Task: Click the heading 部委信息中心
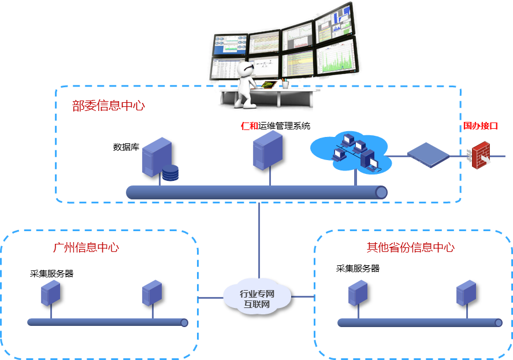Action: [x=108, y=105]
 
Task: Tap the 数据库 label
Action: [x=126, y=147]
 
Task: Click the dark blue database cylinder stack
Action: [x=170, y=173]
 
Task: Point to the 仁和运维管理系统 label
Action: [x=276, y=125]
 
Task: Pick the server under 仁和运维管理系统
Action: [x=267, y=150]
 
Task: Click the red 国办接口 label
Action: [x=480, y=126]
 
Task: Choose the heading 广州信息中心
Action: [x=86, y=247]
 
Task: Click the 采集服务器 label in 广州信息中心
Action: [x=51, y=273]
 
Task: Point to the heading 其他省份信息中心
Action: [x=411, y=247]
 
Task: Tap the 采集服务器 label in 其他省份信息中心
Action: [x=358, y=269]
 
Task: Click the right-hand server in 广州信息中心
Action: [x=152, y=293]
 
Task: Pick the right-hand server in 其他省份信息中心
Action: [x=466, y=293]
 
